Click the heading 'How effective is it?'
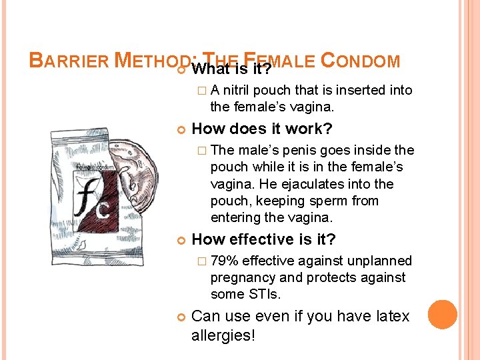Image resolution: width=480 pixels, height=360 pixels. click(263, 239)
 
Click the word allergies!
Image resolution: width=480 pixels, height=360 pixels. click(223, 335)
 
